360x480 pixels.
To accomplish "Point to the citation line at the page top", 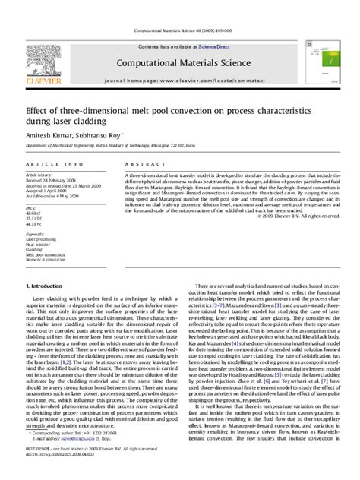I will click(x=180, y=31).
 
